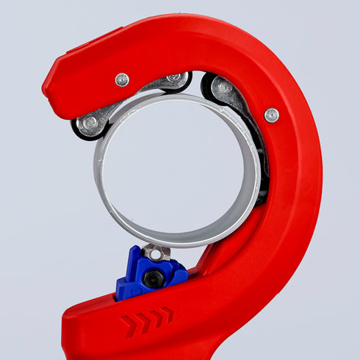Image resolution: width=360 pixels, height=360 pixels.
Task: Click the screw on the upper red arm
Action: (122, 79)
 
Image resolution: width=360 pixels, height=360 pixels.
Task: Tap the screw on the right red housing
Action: (271, 115)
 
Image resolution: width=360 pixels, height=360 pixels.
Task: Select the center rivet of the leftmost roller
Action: (90, 123)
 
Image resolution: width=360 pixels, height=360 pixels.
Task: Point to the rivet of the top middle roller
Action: (174, 77)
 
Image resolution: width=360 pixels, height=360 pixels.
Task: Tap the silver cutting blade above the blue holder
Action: (155, 252)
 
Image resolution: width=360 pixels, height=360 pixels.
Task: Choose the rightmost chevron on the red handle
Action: (168, 314)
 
